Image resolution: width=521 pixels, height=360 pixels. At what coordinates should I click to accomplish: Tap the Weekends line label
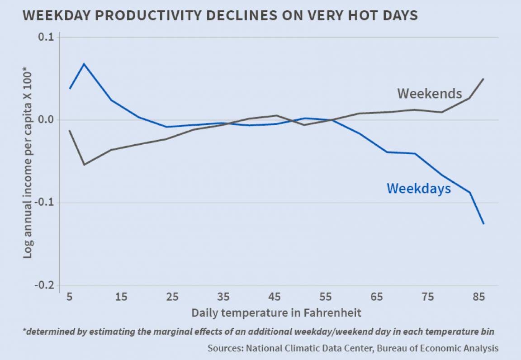[x=429, y=94]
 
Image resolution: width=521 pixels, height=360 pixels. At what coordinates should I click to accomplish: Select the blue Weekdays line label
[x=418, y=188]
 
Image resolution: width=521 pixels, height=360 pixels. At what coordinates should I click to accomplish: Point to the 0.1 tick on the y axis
[x=46, y=37]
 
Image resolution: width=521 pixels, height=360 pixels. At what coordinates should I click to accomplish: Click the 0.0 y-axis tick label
[x=46, y=120]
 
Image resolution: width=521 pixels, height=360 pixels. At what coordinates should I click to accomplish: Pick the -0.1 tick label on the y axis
[x=44, y=203]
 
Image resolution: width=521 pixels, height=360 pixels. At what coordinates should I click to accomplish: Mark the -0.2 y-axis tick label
[x=44, y=286]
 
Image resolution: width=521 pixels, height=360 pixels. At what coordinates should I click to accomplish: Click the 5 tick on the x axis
[x=69, y=297]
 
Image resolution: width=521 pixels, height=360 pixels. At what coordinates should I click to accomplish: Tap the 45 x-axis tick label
[x=274, y=297]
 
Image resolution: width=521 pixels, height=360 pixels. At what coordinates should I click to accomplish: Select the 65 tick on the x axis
[x=376, y=297]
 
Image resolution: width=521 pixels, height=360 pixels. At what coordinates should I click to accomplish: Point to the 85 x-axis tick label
[x=479, y=297]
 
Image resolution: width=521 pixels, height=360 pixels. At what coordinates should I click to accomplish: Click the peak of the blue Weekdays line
[x=84, y=64]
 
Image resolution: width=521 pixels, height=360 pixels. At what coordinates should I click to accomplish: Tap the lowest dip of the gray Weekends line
[x=84, y=165]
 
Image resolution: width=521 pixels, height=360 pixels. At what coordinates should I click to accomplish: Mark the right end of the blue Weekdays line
[x=484, y=224]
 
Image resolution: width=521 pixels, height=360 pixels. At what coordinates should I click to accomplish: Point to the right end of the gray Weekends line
[x=484, y=79]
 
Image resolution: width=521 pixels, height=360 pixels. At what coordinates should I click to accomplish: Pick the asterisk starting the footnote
[x=24, y=331]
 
